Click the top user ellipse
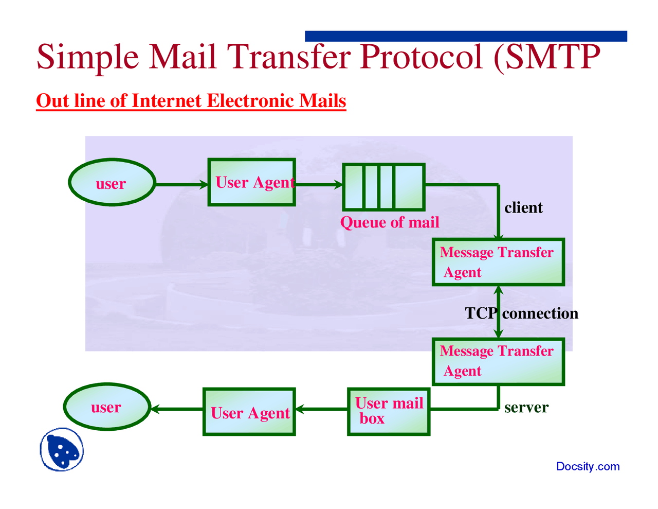[x=112, y=182]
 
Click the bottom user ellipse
[x=107, y=407]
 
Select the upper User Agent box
[x=251, y=182]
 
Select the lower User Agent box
[x=249, y=412]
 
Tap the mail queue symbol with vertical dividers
[x=383, y=187]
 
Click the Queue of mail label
[x=390, y=222]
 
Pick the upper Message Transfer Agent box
[x=498, y=262]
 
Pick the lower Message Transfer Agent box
[x=498, y=361]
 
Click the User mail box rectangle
[x=389, y=411]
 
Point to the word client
[x=523, y=208]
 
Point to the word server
[x=526, y=408]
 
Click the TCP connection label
[x=521, y=313]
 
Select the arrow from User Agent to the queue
[x=319, y=184]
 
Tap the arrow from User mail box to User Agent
[x=322, y=409]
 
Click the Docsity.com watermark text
[x=588, y=467]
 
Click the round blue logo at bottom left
[x=62, y=450]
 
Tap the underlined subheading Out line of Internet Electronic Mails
[x=191, y=101]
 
